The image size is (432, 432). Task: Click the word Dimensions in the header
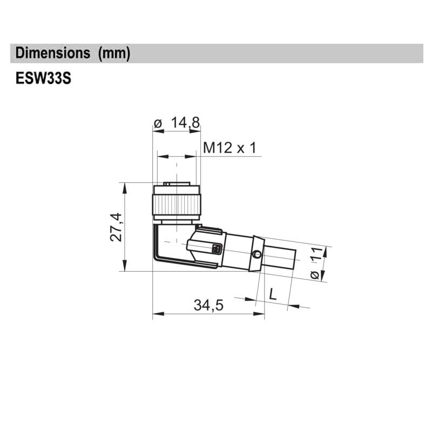click(53, 53)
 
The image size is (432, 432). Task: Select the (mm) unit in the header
click(113, 53)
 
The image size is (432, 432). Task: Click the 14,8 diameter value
click(185, 123)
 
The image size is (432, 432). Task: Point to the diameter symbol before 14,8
click(158, 124)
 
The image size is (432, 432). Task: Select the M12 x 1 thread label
click(229, 147)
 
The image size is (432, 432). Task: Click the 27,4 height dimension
click(116, 227)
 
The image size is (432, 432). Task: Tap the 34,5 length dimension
click(208, 306)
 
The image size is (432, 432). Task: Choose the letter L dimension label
click(273, 295)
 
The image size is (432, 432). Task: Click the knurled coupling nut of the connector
click(176, 205)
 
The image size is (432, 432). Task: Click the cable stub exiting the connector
click(281, 259)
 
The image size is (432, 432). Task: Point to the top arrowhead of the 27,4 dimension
click(125, 186)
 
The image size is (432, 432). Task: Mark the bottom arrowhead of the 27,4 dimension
click(125, 267)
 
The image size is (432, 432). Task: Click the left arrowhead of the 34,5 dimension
click(157, 313)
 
